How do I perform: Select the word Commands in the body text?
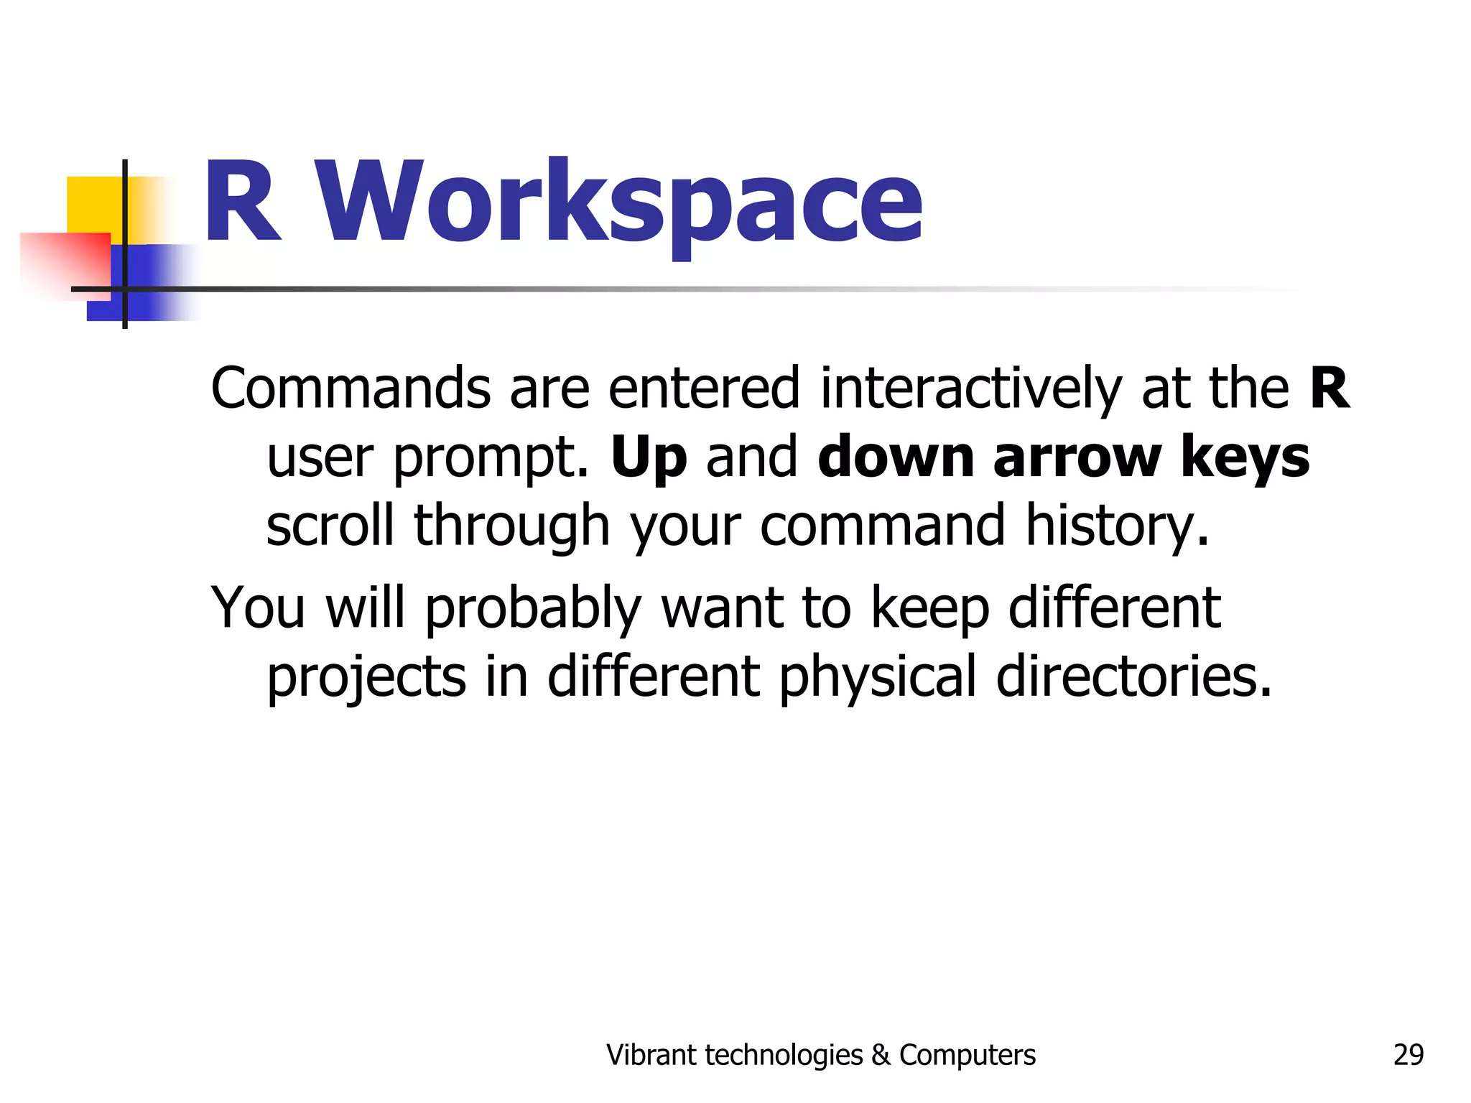point(351,388)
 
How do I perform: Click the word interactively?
point(971,388)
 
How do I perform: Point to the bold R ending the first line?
point(1329,388)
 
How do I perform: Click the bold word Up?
point(649,458)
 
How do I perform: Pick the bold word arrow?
point(1077,457)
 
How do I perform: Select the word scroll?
point(330,525)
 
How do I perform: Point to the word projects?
point(366,678)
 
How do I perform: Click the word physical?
point(878,678)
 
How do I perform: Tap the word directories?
point(1133,676)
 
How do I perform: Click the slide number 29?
point(1408,1055)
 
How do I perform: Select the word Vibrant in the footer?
point(651,1055)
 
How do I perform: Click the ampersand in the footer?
point(880,1055)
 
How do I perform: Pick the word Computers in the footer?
point(967,1055)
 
